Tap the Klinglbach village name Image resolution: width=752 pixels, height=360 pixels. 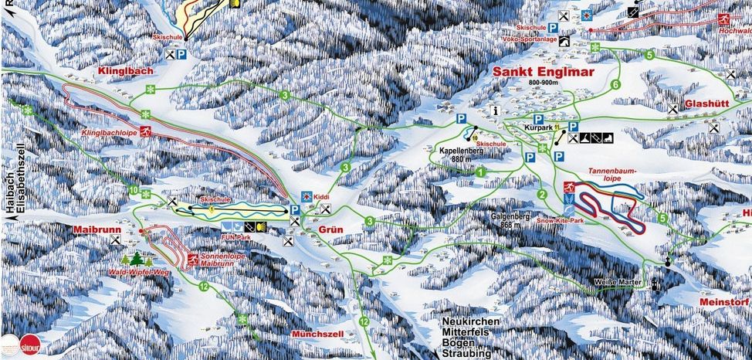[127, 71]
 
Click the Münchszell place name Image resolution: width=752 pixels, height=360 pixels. [316, 333]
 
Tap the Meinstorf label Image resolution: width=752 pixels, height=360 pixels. [723, 301]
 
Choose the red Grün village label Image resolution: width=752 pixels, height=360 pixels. [329, 229]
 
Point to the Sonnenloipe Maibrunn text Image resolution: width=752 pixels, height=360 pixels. [205, 258]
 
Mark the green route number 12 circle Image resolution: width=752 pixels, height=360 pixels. [204, 287]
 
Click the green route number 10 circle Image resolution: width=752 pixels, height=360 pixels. [134, 191]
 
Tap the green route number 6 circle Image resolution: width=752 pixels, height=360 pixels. [615, 84]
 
